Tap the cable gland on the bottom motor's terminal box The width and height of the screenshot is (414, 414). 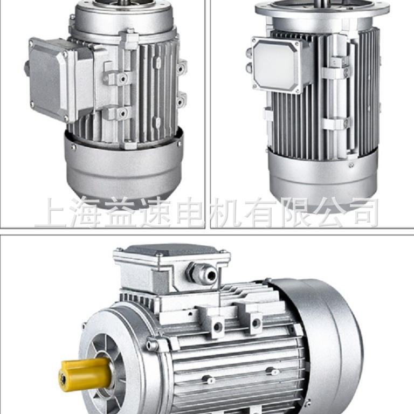point(203,273)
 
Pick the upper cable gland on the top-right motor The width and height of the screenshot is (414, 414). point(249,53)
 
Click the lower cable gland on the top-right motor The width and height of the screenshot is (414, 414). point(249,68)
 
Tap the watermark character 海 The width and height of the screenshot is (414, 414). point(86,212)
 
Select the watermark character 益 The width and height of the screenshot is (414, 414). point(121,212)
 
